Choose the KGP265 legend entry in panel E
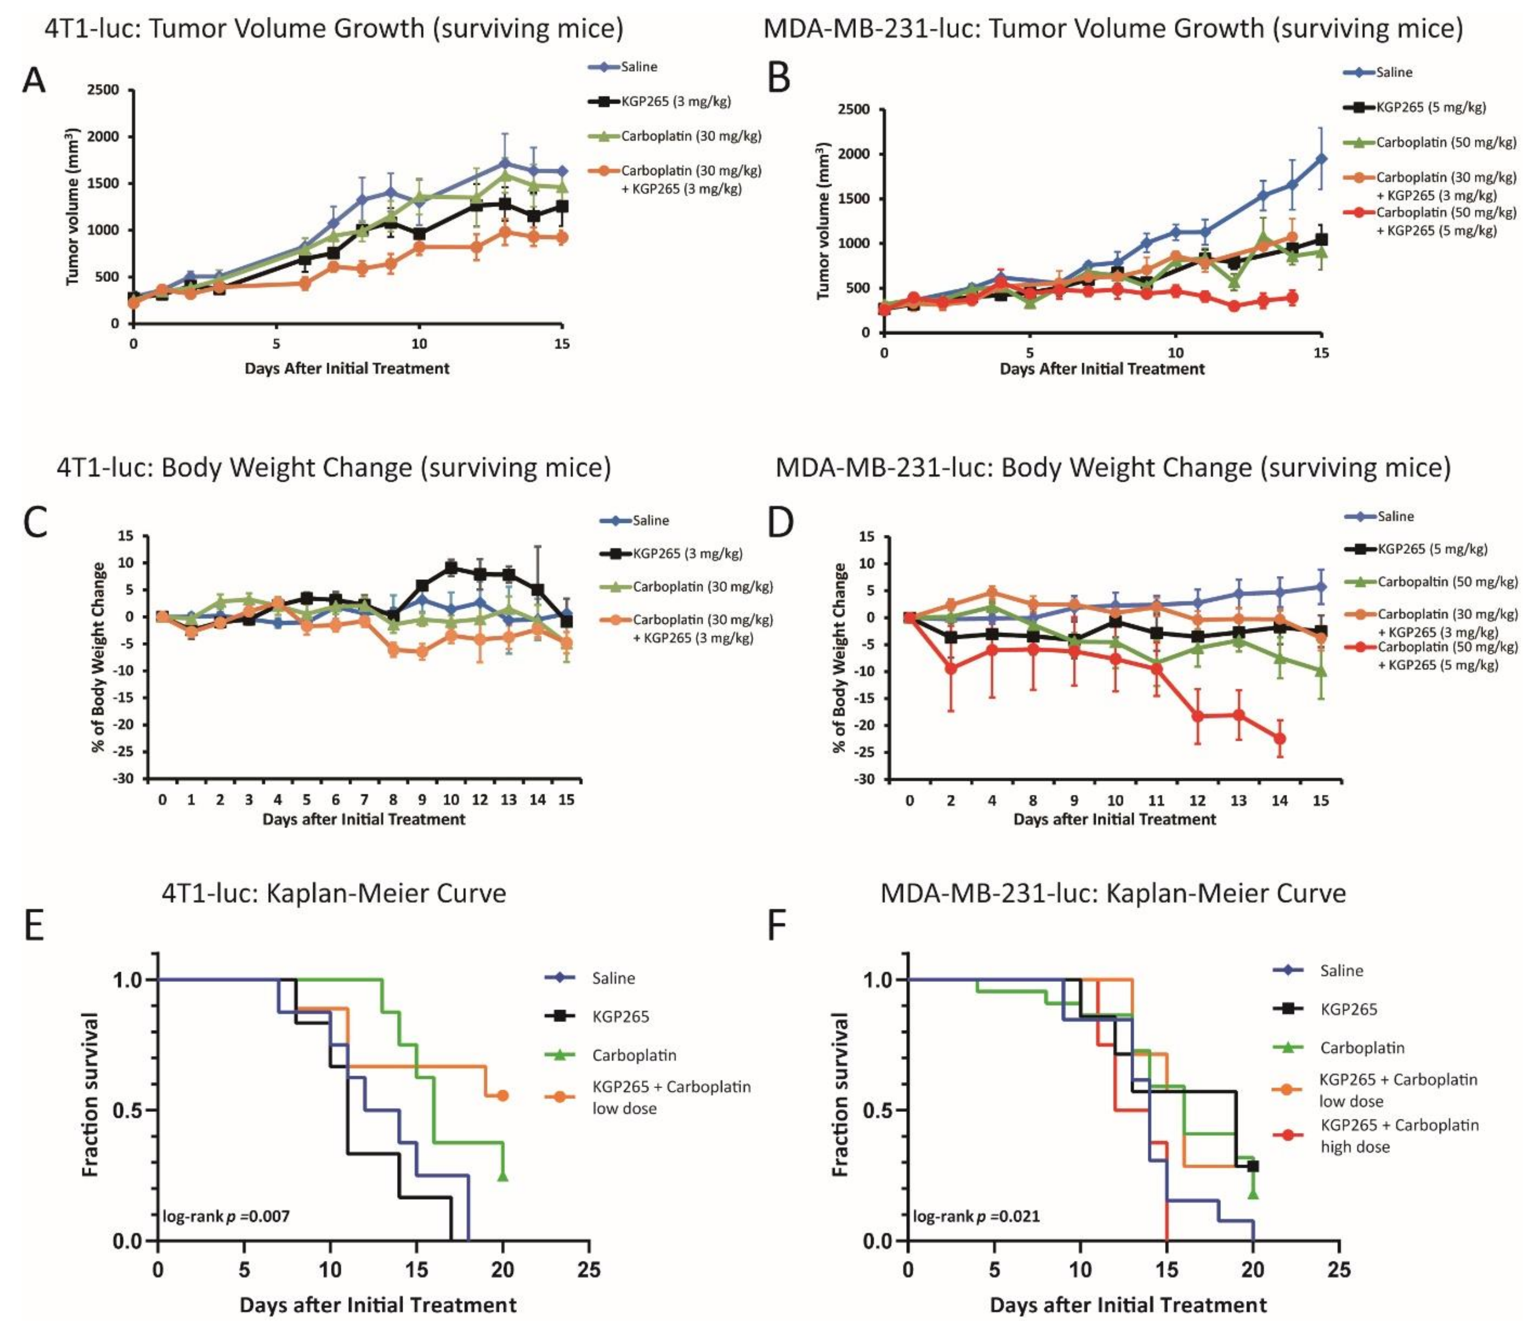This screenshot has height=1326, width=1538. pyautogui.click(x=620, y=1016)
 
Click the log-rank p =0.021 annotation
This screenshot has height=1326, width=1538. pyautogui.click(x=976, y=1217)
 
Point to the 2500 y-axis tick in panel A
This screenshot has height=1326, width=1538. pyautogui.click(x=103, y=90)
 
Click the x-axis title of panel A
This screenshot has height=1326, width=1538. pyautogui.click(x=347, y=368)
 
